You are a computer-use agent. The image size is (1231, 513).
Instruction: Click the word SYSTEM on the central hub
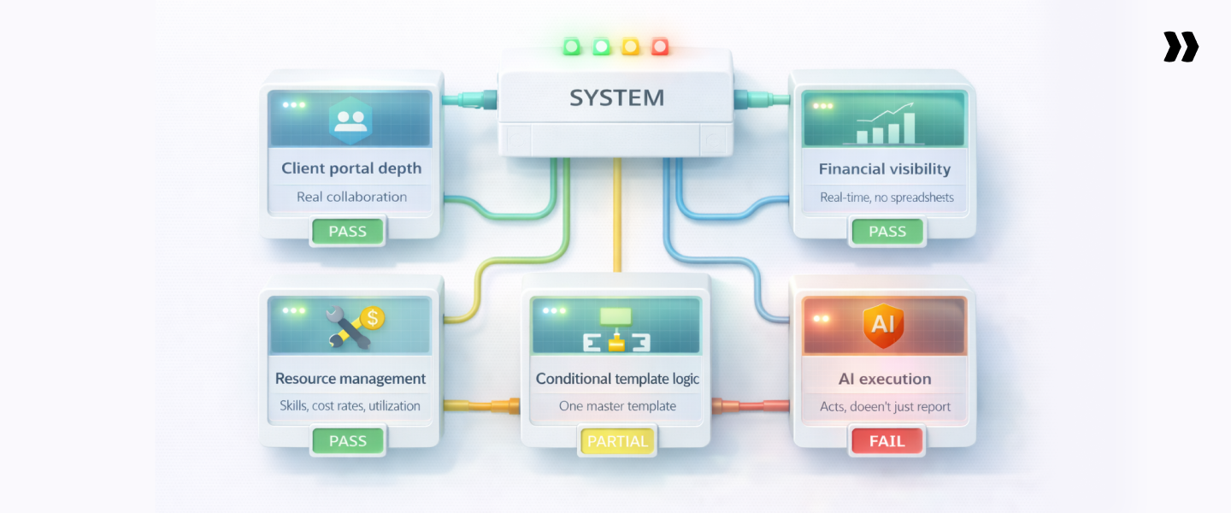(x=616, y=97)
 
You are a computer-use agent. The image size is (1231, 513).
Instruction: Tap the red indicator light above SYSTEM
(x=659, y=46)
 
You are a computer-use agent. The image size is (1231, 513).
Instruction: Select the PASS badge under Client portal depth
(x=347, y=231)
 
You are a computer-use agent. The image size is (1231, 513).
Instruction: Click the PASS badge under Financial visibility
(x=887, y=231)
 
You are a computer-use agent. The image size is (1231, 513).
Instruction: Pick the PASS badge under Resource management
(x=347, y=441)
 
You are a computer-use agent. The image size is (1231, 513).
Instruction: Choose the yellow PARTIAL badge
(x=617, y=441)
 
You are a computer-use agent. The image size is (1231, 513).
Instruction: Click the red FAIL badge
(x=887, y=441)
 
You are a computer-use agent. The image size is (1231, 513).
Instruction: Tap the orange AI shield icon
(x=883, y=325)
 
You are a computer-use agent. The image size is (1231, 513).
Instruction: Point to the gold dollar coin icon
(x=371, y=318)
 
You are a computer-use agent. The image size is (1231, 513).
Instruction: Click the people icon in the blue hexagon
(x=350, y=120)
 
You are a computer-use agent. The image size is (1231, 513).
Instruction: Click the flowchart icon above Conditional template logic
(x=615, y=330)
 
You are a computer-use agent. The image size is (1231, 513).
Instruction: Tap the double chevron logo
(x=1181, y=47)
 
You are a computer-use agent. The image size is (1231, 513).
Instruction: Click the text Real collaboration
(x=351, y=197)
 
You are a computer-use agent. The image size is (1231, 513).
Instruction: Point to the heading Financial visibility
(x=885, y=168)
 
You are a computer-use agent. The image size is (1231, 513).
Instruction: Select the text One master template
(x=617, y=406)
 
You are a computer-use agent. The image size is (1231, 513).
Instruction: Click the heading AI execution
(x=885, y=379)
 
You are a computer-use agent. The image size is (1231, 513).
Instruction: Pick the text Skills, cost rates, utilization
(x=350, y=406)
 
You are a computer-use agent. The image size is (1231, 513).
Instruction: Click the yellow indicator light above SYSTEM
(x=631, y=46)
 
